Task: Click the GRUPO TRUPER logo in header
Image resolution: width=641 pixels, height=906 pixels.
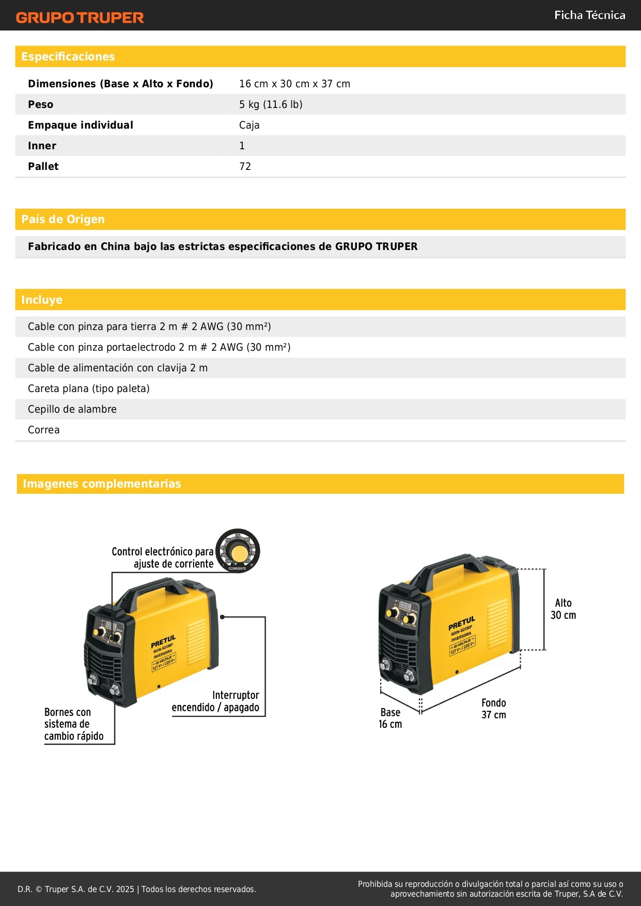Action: [x=80, y=18]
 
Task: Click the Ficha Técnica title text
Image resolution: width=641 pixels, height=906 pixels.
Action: [x=589, y=15]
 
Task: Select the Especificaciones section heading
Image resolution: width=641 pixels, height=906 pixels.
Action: [x=68, y=57]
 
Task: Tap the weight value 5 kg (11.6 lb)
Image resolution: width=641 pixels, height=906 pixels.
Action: [x=271, y=104]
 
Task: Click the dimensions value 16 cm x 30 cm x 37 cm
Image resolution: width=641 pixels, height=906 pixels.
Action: [x=294, y=84]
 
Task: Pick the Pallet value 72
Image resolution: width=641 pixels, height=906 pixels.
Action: [x=245, y=166]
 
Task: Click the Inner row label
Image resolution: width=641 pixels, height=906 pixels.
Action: [x=42, y=146]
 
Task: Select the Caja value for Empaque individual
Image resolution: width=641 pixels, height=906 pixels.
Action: [x=249, y=125]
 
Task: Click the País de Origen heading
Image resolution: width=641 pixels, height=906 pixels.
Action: [x=63, y=220]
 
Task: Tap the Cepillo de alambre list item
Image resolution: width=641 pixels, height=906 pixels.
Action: [x=72, y=409]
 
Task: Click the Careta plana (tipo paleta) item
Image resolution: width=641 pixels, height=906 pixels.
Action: [x=89, y=388]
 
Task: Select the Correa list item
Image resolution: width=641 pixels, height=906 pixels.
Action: [x=44, y=430]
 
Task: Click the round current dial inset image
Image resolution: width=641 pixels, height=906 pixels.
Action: [x=238, y=551]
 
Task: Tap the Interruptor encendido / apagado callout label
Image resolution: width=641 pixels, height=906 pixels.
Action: [x=216, y=701]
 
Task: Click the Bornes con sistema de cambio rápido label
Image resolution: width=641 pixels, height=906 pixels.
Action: [x=73, y=724]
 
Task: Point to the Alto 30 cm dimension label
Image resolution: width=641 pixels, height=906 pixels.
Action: [x=563, y=609]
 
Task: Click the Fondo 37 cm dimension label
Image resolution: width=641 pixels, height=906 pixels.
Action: [x=493, y=709]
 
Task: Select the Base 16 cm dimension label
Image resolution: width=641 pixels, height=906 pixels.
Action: [x=390, y=718]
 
